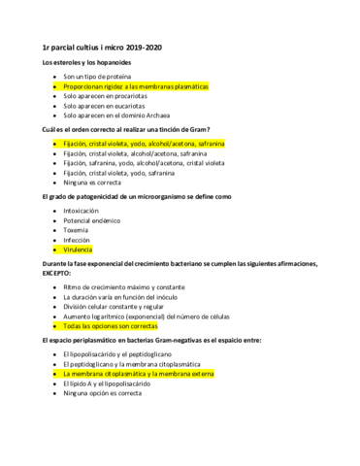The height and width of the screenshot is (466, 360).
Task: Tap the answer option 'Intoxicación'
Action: pyautogui.click(x=82, y=210)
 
